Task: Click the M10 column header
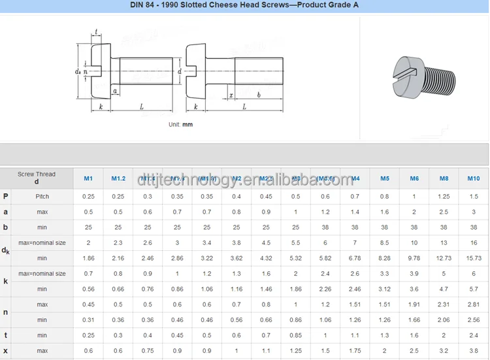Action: click(473, 178)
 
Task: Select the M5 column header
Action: click(385, 178)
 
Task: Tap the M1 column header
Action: click(88, 178)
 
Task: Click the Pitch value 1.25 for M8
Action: click(444, 197)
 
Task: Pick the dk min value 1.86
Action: click(88, 258)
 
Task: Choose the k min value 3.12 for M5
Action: click(385, 289)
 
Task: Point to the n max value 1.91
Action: click(414, 304)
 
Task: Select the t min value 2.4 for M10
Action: click(473, 335)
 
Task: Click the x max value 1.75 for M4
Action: click(355, 351)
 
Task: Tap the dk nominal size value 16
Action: click(473, 242)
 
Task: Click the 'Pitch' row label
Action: click(42, 197)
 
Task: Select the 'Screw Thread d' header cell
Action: click(37, 178)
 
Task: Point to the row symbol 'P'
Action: click(6, 197)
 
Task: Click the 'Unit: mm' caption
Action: click(180, 124)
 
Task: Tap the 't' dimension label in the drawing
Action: click(96, 32)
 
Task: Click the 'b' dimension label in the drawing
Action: click(259, 95)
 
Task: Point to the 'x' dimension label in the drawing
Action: click(231, 95)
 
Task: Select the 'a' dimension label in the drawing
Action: click(114, 91)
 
